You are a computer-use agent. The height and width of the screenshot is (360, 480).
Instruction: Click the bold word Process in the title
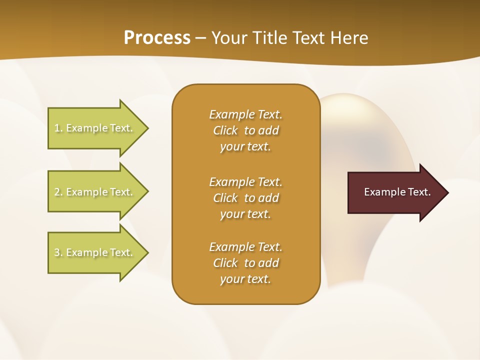tap(157, 38)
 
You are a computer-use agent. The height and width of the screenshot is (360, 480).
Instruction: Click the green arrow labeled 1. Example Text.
tap(95, 128)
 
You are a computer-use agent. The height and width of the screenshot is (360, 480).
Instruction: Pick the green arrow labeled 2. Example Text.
tap(95, 192)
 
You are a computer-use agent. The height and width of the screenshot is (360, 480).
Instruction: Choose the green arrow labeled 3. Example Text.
tap(95, 252)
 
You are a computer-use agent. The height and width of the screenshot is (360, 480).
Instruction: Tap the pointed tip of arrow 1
tap(147, 128)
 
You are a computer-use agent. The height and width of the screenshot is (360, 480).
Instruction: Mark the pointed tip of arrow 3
tap(147, 252)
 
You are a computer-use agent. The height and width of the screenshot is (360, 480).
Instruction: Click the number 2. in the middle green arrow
tap(58, 192)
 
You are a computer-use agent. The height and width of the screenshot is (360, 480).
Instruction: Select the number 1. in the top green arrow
tap(58, 128)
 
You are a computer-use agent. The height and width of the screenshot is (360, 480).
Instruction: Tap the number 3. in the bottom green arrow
tap(58, 252)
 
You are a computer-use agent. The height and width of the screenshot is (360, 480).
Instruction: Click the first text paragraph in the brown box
tap(245, 130)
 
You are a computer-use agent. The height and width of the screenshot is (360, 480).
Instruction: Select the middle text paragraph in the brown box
tap(245, 198)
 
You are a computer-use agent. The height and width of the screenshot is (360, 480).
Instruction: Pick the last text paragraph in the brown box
tap(245, 263)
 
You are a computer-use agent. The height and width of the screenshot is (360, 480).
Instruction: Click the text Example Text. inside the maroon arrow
tap(397, 192)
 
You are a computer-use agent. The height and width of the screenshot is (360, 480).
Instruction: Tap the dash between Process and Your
tap(201, 38)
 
